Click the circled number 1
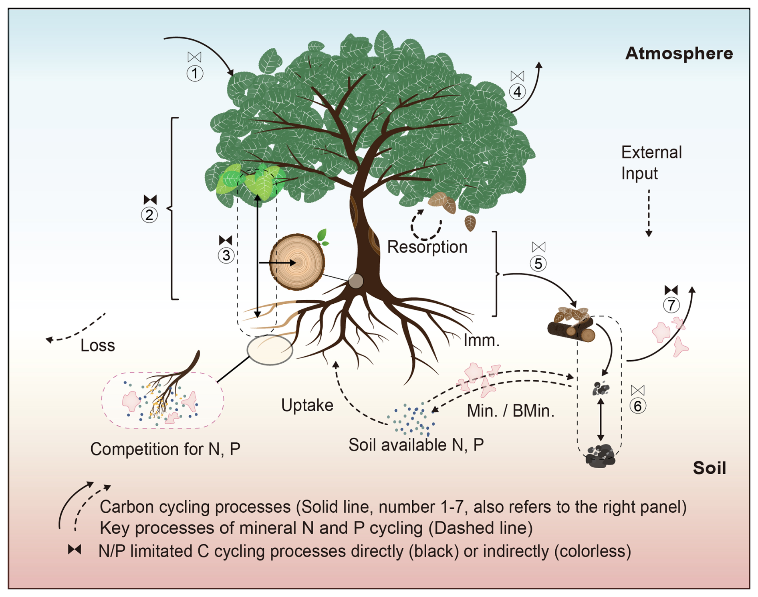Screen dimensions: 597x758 (195, 73)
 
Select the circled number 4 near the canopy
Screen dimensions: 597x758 (517, 92)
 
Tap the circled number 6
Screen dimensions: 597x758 (637, 406)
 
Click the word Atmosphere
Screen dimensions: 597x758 (679, 53)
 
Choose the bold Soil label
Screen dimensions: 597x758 (709, 468)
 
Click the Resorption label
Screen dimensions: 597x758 (427, 247)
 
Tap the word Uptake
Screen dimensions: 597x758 (307, 405)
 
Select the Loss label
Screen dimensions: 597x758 (97, 345)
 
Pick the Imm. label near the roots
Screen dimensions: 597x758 (481, 341)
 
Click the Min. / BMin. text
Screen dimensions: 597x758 (510, 411)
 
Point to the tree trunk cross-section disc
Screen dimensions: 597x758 (297, 262)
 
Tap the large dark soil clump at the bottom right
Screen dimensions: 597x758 (600, 457)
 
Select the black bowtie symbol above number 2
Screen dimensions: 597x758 (150, 199)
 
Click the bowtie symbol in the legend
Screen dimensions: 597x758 (75, 550)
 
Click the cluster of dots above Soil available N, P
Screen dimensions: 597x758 (413, 420)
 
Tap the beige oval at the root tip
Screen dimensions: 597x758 (270, 350)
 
